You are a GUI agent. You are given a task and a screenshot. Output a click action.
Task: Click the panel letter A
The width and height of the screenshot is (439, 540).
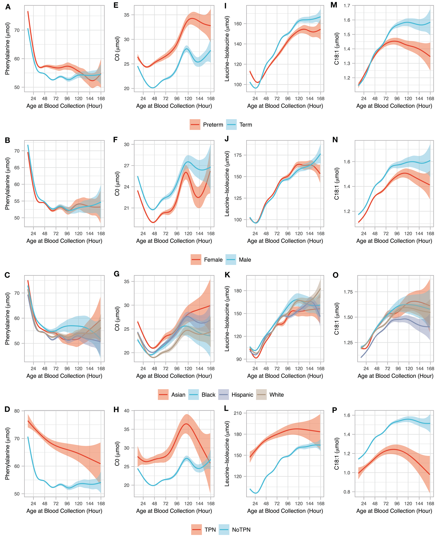click(8, 7)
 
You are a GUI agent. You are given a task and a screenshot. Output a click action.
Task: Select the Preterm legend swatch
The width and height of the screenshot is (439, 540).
click(195, 125)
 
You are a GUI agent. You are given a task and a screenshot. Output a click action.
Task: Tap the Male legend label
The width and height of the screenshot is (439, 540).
click(245, 260)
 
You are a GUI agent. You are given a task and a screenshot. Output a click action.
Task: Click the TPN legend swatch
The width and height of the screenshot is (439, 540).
click(196, 530)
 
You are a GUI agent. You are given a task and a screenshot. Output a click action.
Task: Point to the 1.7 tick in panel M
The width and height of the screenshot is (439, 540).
click(347, 6)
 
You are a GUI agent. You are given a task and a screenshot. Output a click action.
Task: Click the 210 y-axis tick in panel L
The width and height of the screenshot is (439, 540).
click(238, 413)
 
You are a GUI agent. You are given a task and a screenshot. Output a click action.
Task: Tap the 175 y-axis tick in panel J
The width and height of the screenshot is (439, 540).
click(238, 155)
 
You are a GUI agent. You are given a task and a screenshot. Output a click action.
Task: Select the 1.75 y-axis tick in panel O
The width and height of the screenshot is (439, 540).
click(348, 292)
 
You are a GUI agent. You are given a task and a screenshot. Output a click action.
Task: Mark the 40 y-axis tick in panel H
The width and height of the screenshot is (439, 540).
click(127, 411)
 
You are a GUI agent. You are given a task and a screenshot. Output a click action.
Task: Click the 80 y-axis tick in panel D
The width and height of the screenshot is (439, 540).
click(17, 411)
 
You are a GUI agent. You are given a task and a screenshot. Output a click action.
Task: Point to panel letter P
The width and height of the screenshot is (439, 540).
click(334, 410)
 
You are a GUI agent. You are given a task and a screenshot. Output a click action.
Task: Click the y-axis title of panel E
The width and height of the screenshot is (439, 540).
click(117, 49)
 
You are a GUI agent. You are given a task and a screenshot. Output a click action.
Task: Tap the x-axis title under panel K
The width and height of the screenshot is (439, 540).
click(285, 376)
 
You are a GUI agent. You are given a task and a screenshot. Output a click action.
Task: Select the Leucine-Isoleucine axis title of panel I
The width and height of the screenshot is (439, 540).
click(227, 49)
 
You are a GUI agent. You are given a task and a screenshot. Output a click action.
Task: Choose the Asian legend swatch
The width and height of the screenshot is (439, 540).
click(163, 395)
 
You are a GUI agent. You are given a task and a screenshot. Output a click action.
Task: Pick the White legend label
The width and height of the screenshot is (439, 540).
click(276, 395)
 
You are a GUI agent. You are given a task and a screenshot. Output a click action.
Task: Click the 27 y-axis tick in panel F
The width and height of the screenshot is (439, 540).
click(127, 166)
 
